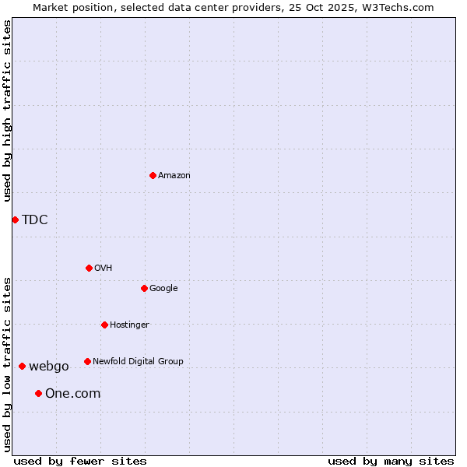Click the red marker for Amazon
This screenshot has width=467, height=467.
coord(153,175)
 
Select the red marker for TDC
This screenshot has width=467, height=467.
coord(15,219)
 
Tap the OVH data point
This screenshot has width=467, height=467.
coord(89,268)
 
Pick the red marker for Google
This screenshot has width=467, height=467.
coord(144,288)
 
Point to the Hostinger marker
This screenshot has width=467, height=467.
coord(104,325)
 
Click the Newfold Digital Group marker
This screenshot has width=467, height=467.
coord(87,361)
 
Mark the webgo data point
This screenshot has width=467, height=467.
coord(22,366)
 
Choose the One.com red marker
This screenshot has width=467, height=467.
coord(38,393)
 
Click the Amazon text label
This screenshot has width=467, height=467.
coord(174,176)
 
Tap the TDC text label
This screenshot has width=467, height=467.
coord(35,219)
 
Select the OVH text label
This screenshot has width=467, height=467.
coord(104,269)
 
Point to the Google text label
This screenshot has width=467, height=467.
coord(163,289)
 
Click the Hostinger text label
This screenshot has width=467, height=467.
coord(129,325)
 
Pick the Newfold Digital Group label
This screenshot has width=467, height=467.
coord(138,362)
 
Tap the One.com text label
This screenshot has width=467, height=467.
coord(73,394)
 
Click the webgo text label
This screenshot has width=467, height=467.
coord(49,367)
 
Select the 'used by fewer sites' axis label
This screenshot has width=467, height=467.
coord(80,461)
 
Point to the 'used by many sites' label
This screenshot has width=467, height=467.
coord(391,461)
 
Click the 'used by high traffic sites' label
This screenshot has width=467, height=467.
coord(7,111)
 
